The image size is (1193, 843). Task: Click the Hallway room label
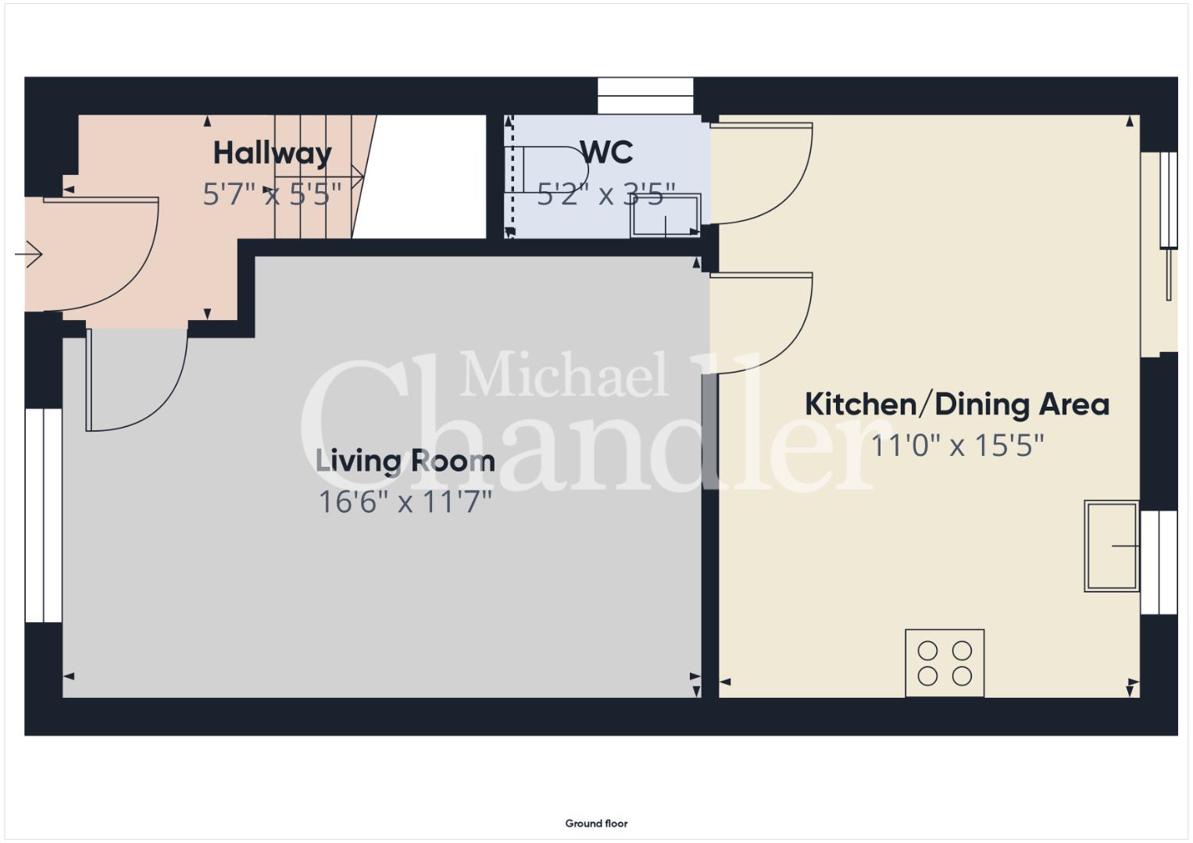272,154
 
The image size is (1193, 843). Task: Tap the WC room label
606,152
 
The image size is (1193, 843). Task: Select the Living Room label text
405,461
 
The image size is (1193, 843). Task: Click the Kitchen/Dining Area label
956,404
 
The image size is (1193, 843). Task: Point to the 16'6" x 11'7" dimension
405,501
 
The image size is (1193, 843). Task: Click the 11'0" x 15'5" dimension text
957,445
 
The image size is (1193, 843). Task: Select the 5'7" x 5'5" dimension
272,194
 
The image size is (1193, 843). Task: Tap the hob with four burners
945,663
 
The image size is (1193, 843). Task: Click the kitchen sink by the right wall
1112,546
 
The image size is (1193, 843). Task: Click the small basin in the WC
665,215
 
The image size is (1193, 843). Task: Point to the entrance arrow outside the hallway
29,254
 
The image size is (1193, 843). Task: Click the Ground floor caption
597,823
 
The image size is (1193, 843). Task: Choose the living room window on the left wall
44,515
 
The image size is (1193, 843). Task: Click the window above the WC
645,96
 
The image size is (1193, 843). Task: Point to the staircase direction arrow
319,176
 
